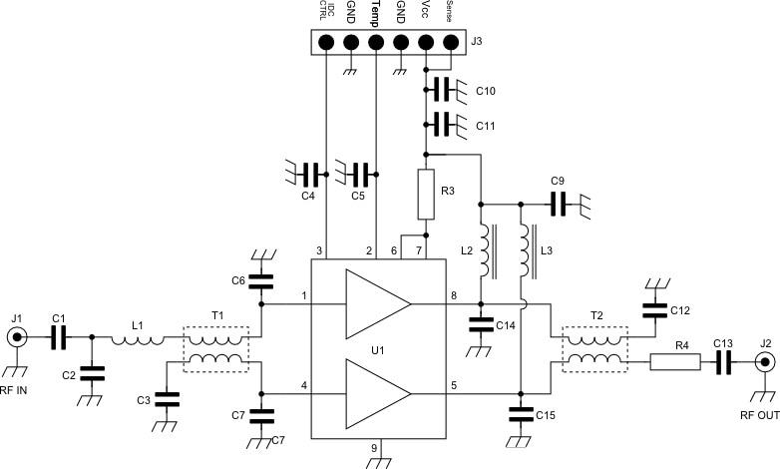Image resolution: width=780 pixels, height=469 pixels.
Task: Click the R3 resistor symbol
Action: tap(426, 195)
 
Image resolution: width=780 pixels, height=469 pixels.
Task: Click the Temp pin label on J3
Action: tap(375, 13)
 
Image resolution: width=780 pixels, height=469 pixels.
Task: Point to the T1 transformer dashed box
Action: tap(216, 347)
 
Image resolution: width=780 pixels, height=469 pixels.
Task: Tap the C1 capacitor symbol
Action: tap(59, 338)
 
